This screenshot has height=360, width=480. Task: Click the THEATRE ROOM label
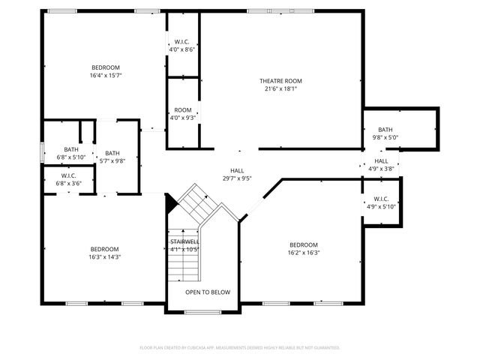point(280,81)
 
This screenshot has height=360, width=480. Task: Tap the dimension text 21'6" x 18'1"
point(280,88)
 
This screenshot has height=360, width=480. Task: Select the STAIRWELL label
point(184,241)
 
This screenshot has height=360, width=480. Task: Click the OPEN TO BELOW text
point(208,292)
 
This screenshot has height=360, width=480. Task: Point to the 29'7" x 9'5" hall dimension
point(237,178)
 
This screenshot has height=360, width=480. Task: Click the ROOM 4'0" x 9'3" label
point(183,110)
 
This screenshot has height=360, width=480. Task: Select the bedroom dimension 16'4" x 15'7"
point(106,75)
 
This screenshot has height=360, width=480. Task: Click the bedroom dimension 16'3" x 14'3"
point(105,256)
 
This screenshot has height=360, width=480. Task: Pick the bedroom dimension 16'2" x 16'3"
point(304,253)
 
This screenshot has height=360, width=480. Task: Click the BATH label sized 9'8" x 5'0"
point(385,130)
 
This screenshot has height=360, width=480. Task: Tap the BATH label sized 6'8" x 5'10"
point(71,149)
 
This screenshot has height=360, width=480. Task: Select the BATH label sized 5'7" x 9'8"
point(112,154)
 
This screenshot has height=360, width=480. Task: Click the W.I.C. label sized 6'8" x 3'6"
point(71,176)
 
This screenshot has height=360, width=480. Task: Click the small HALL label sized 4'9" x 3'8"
point(382,161)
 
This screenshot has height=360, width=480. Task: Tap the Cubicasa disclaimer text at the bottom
point(240,348)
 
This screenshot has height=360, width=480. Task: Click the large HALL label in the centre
point(237,171)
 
